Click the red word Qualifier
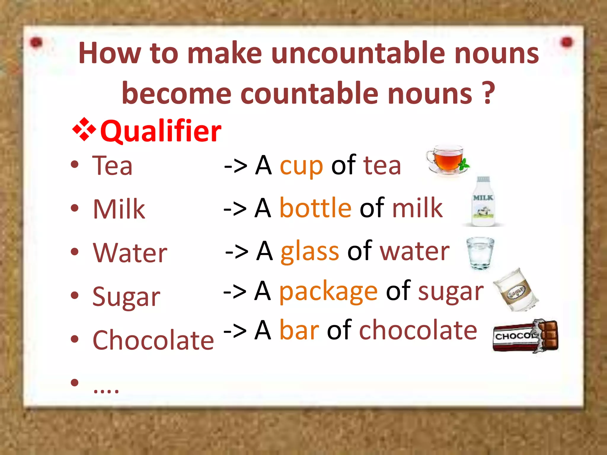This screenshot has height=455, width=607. pyautogui.click(x=161, y=131)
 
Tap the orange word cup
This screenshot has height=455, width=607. pyautogui.click(x=301, y=166)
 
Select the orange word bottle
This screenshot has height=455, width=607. pyautogui.click(x=315, y=208)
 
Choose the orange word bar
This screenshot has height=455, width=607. pyautogui.click(x=299, y=330)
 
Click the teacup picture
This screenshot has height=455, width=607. pyautogui.click(x=447, y=160)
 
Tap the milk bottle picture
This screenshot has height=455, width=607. pyautogui.click(x=483, y=202)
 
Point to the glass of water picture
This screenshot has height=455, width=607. pyautogui.click(x=480, y=253)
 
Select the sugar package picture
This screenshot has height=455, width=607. pyautogui.click(x=516, y=290)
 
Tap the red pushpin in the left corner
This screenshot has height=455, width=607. pyautogui.click(x=36, y=42)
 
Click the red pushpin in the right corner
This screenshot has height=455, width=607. pyautogui.click(x=567, y=42)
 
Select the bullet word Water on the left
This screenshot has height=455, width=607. pyautogui.click(x=130, y=253)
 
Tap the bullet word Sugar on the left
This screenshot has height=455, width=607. pyautogui.click(x=126, y=297)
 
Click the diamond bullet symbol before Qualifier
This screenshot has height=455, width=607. pyautogui.click(x=84, y=129)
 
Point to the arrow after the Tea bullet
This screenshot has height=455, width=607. pyautogui.click(x=236, y=166)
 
